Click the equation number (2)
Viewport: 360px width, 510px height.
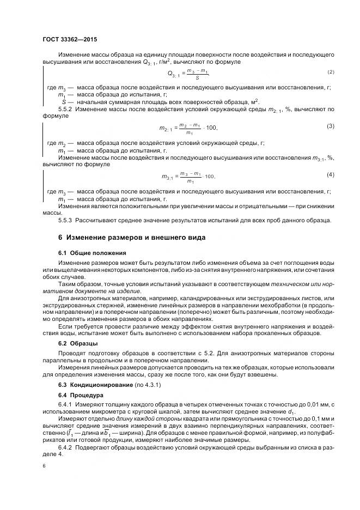331,72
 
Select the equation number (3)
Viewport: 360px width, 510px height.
331,126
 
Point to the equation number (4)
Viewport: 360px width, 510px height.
331,174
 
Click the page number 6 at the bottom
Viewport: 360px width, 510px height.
44,466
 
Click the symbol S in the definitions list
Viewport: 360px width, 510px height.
64,101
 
